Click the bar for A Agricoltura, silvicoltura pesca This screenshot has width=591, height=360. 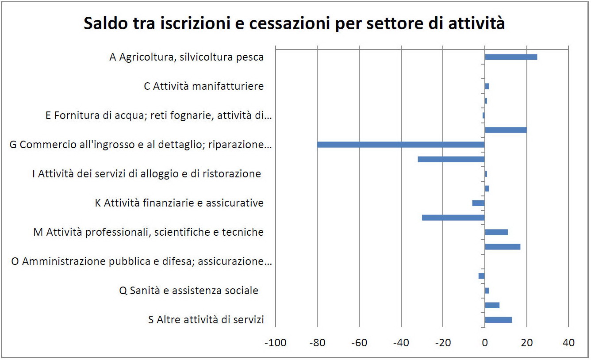[x=511, y=57]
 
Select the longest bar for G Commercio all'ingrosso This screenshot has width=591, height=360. [x=401, y=145]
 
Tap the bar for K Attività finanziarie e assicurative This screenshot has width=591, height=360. [x=479, y=203]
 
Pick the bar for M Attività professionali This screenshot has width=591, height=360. [x=496, y=232]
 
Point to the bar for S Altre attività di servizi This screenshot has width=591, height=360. [x=499, y=320]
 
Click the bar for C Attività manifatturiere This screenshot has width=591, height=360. [x=487, y=86]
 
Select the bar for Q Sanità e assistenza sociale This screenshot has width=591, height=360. [x=487, y=291]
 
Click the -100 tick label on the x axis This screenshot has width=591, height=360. [x=276, y=343]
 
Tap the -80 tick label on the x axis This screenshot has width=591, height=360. [x=317, y=343]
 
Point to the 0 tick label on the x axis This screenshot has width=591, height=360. [x=485, y=343]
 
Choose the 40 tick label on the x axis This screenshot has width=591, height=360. [x=568, y=343]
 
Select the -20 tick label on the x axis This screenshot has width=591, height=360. [x=443, y=343]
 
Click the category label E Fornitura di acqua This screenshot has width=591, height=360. [x=158, y=116]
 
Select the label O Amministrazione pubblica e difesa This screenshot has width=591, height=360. [x=141, y=262]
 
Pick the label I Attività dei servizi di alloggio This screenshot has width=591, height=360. [x=146, y=174]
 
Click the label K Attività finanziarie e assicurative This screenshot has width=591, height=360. [x=179, y=203]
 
